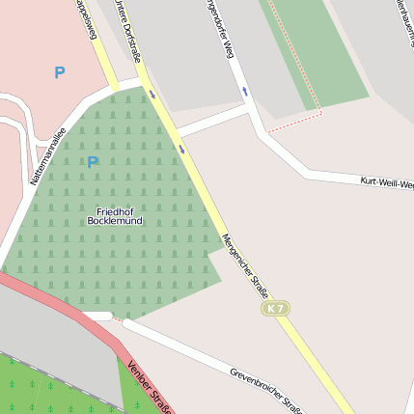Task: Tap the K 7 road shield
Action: coord(275,308)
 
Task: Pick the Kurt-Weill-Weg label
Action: coord(386,181)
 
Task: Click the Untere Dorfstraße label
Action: coord(126,29)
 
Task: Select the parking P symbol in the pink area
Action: coord(60,72)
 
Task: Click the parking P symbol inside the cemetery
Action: coord(93,162)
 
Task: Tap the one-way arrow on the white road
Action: coord(245,92)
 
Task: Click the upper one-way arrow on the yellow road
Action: coord(152,95)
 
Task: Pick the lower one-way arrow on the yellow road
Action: coord(181,150)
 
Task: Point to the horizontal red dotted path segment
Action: coord(294,122)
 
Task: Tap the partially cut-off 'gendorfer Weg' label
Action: coord(220,29)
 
